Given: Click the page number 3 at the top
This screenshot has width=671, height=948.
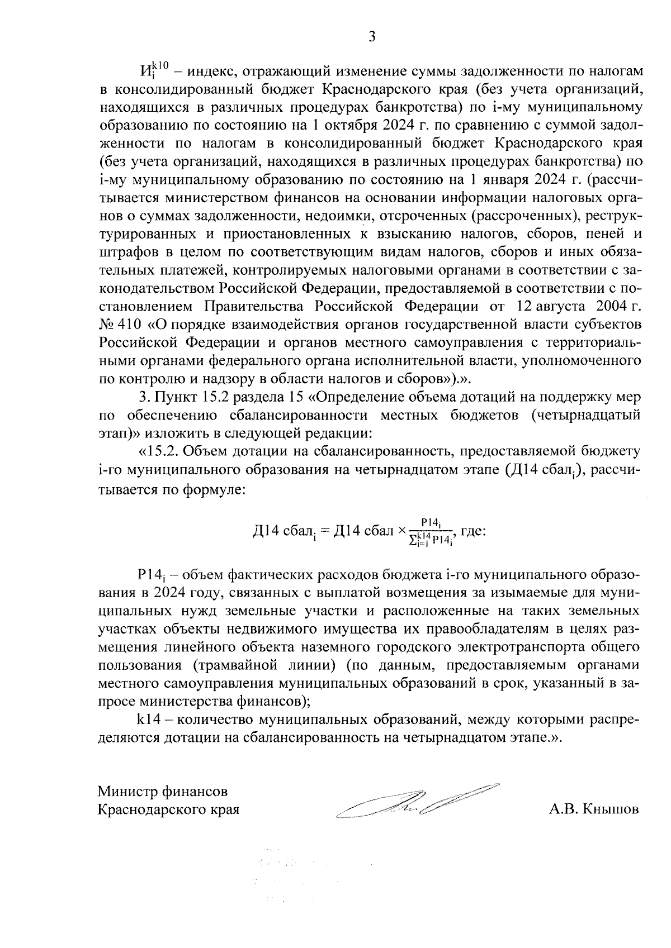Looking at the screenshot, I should [x=372, y=37].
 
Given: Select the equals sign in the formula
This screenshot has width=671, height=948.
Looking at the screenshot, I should [x=325, y=531].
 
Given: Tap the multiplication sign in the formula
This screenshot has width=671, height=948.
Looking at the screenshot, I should [x=401, y=531].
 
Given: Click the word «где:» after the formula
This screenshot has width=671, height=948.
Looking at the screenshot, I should [x=473, y=531].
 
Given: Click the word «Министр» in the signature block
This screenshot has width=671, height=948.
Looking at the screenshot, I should [x=127, y=792].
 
